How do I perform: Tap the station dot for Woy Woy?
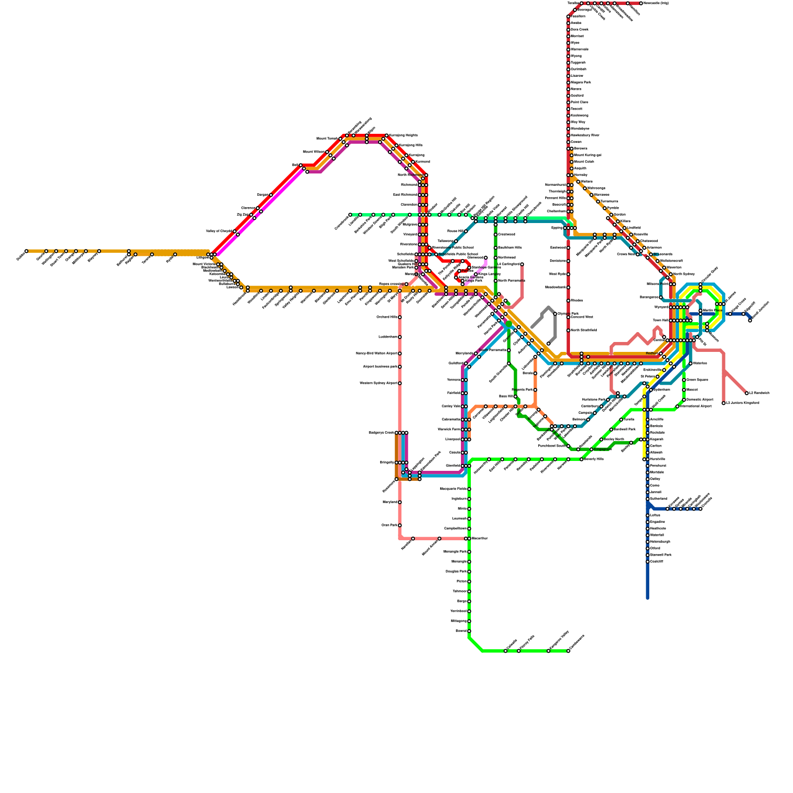[568, 122]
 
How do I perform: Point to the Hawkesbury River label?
[585, 135]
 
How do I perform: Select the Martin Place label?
[712, 310]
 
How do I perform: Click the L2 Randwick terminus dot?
[747, 393]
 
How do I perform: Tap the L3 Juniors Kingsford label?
[742, 403]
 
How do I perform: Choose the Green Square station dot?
[684, 380]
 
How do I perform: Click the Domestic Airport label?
[700, 399]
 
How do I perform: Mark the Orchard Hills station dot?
[400, 317]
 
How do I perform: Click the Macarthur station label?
[480, 538]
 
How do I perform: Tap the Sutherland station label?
[659, 499]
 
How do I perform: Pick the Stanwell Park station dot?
[648, 555]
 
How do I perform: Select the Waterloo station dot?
[690, 364]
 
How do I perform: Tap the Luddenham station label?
[388, 337]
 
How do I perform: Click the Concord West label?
[582, 317]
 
